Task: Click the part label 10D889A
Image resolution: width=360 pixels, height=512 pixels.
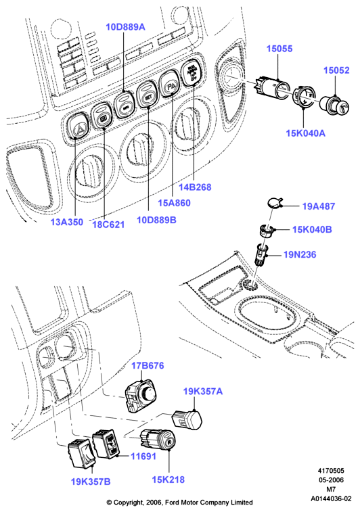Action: pos(125,27)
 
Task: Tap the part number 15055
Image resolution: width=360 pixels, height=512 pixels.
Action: pos(279,49)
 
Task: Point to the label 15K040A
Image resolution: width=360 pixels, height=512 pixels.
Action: pos(305,133)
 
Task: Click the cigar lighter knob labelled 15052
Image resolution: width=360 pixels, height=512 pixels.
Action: pos(334,104)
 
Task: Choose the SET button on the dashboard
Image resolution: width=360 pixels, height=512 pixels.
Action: pos(148,95)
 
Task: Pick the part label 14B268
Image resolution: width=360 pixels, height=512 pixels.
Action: pos(195,187)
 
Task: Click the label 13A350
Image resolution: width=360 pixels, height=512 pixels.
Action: pos(66,222)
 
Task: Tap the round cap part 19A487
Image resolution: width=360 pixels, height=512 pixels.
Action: pos(275,203)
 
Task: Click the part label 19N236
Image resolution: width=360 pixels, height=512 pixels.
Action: pos(300,254)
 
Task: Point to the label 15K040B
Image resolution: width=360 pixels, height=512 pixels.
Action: pos(312,229)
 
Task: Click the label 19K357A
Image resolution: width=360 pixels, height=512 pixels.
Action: pos(203,391)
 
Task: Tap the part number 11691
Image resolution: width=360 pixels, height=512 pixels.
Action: pos(143,456)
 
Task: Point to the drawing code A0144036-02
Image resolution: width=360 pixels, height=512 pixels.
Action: pos(331,498)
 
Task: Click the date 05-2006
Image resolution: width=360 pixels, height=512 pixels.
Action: pos(331,480)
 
